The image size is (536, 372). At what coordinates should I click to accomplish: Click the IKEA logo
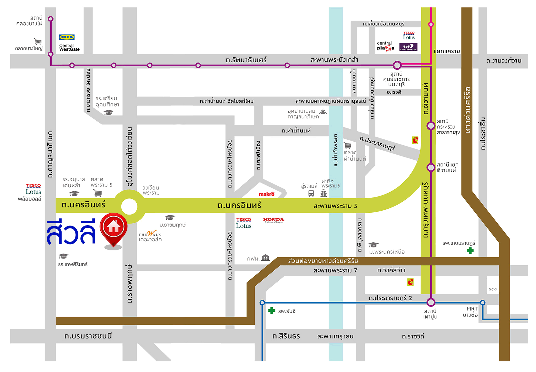pos(67,37)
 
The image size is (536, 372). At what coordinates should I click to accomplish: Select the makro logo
pos(266,194)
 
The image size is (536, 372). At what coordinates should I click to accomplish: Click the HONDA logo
pos(273,220)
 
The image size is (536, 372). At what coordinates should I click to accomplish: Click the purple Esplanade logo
pos(408,47)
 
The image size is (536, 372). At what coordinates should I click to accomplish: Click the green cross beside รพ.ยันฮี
pos(272,311)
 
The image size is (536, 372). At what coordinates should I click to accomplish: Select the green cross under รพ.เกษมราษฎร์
pos(470,251)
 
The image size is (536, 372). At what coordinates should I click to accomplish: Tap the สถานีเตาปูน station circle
pos(431,302)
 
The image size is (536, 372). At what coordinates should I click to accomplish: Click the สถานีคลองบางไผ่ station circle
pos(51,19)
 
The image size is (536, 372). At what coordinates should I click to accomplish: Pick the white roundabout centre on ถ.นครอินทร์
pos(129,206)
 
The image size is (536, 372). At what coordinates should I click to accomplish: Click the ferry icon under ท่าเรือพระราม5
pos(324,193)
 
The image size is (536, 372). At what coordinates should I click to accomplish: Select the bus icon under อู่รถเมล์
pos(311,193)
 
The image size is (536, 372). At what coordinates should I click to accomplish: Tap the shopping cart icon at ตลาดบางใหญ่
pos(38,41)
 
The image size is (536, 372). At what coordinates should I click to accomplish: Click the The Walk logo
pos(150,234)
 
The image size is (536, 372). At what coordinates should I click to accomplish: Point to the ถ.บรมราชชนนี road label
pos(88,336)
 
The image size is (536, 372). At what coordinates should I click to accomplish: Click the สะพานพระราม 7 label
pos(335,270)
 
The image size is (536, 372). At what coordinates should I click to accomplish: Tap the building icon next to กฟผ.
pos(265,257)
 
